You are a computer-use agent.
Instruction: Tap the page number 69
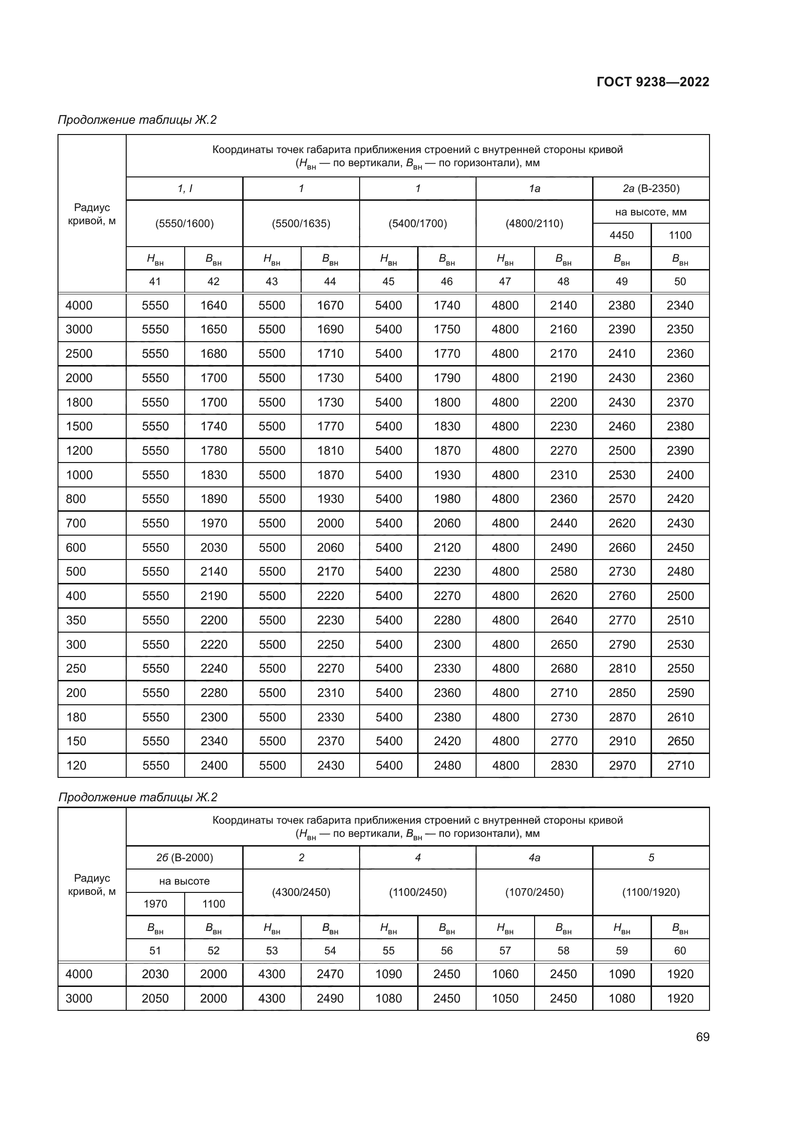pos(702,1037)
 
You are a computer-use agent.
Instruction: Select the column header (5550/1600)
pos(184,223)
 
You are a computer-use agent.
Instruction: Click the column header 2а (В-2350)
pos(651,189)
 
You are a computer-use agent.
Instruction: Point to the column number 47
pos(505,282)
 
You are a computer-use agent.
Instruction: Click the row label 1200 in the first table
pos(79,450)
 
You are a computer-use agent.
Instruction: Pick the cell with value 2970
pos(622,765)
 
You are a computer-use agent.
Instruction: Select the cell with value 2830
pos(563,765)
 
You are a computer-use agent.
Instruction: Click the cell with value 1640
pos(213,306)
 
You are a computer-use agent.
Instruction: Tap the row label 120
pos(76,765)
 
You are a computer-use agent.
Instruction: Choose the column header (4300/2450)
pos(301,892)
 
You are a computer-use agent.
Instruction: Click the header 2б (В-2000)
pos(184,857)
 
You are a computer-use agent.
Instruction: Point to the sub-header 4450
pos(621,235)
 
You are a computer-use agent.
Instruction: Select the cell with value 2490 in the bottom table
pos(330,999)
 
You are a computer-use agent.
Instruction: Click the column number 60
pos(680,950)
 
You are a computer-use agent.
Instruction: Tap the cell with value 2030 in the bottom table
pos(155,974)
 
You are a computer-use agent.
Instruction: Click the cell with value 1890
pos(213,499)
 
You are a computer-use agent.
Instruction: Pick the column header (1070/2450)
pos(534,892)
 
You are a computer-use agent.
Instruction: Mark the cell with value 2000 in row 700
pos(330,523)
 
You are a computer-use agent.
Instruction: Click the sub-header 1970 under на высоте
pos(155,904)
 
